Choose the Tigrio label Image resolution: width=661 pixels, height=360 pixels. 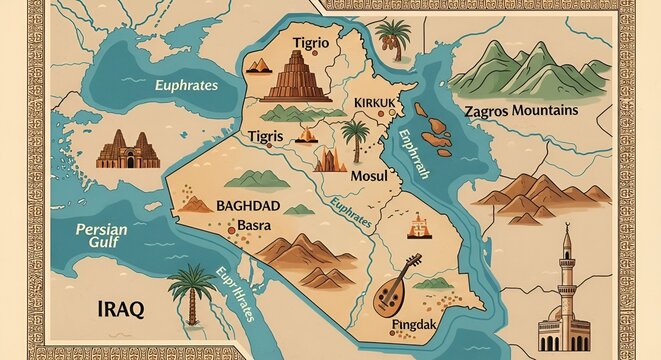pos(317,41)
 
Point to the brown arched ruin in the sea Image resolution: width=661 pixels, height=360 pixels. pos(126,150)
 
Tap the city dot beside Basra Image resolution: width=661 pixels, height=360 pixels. pos(236,225)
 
